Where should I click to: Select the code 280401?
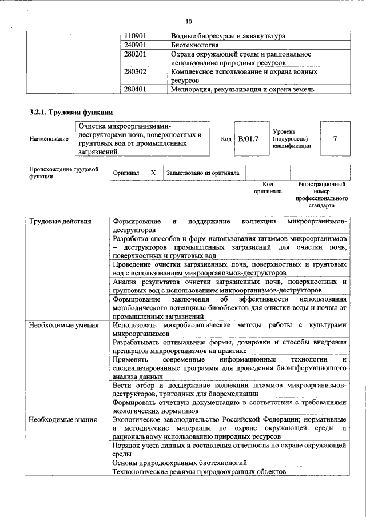pos(137,90)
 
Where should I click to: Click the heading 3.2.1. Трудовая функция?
pos(71,112)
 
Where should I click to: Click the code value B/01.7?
pos(248,138)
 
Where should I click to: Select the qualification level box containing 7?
pos(335,138)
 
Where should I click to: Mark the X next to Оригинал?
pos(153,172)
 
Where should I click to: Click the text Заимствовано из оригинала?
pos(202,172)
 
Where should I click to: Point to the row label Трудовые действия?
pos(60,221)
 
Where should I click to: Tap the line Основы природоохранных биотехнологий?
pos(180,462)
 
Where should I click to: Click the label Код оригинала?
pos(268,188)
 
